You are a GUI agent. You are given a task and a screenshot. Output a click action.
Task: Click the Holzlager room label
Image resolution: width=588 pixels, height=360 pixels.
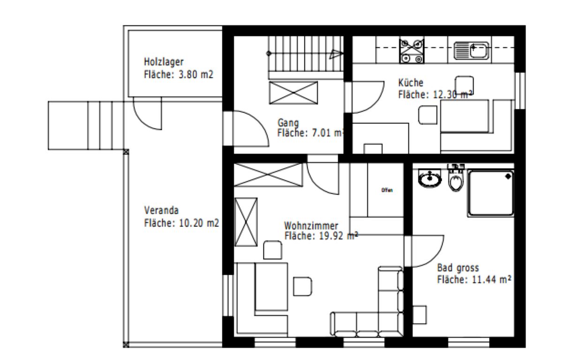(164, 62)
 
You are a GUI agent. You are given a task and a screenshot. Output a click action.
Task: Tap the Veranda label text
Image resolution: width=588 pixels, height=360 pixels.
(161, 210)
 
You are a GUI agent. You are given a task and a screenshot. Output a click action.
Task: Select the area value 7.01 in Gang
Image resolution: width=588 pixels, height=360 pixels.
(321, 133)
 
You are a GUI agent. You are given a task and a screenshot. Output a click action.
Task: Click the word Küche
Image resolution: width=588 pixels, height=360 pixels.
(411, 82)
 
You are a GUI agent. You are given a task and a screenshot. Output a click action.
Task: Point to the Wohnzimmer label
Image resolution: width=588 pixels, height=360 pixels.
(311, 225)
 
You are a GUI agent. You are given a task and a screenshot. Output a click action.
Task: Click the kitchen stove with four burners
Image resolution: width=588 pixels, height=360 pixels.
(412, 51)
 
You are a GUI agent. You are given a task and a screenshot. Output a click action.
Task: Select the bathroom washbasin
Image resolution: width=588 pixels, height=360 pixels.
(430, 178)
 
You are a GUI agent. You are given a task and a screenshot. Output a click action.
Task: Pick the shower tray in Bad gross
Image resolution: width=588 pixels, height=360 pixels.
(491, 193)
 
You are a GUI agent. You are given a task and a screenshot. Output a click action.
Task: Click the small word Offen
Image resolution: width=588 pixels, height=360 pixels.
(387, 190)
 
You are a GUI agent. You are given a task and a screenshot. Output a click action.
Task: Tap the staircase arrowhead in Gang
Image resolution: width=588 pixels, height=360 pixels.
(336, 54)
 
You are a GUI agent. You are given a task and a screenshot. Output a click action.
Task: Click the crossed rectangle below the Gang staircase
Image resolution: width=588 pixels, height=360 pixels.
(294, 93)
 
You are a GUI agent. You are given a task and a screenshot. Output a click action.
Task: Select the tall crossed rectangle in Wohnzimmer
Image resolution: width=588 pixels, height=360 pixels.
(246, 222)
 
